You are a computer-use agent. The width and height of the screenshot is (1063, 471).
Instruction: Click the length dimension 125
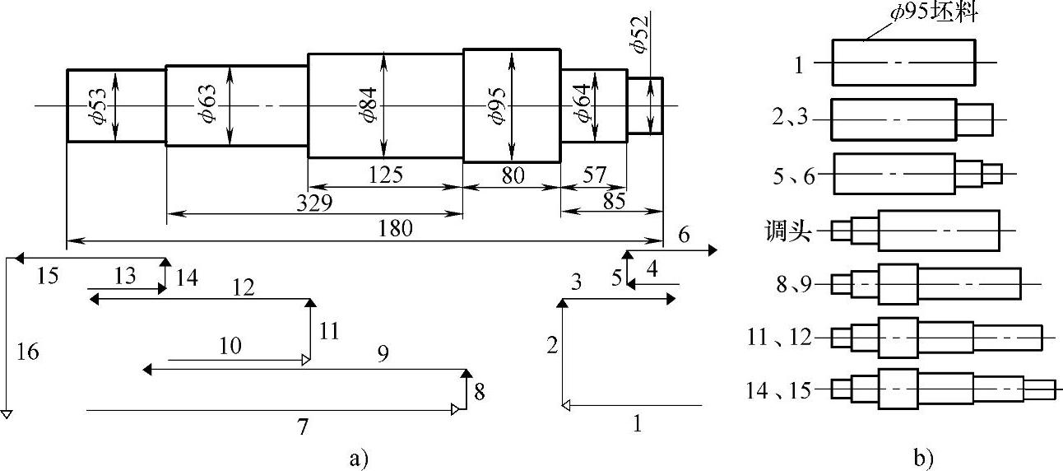(x=385, y=175)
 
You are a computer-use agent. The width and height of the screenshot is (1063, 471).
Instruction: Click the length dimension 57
(x=593, y=175)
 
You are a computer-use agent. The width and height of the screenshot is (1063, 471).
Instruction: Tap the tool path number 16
(x=27, y=352)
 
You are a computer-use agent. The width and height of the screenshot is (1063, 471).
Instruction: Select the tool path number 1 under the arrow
(x=637, y=424)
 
